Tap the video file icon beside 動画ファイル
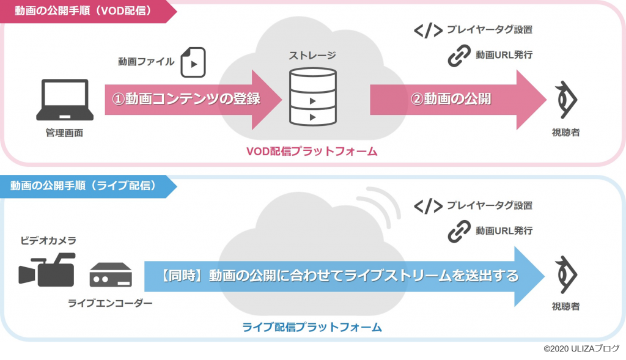(x=193, y=62)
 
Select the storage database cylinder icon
(x=312, y=97)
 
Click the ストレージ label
(x=312, y=56)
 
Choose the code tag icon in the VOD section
(x=428, y=30)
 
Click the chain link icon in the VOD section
(x=458, y=55)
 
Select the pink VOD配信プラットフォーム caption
(x=312, y=151)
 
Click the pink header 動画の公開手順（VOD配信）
(x=79, y=10)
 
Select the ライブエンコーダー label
(x=110, y=303)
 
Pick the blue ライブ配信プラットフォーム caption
(x=312, y=327)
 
